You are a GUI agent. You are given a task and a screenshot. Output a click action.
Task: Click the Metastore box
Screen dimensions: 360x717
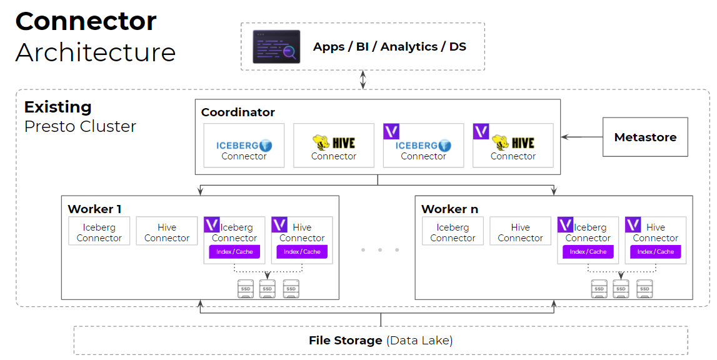(x=645, y=137)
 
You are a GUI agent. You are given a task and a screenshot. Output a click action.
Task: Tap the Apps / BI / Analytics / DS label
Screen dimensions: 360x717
(x=389, y=47)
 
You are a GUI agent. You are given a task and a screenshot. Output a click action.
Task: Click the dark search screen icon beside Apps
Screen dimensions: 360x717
(x=276, y=47)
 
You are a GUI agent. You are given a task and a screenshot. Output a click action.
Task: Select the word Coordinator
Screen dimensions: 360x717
(x=238, y=112)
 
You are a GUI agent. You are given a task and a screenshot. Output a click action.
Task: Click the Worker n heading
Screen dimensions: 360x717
(x=449, y=209)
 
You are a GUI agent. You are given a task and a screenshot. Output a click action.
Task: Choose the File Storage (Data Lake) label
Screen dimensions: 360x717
(x=381, y=341)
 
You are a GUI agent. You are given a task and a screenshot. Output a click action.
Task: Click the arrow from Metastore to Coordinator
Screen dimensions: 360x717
(x=581, y=137)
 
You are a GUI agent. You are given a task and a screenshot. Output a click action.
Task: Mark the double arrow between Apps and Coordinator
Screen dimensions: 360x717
(x=363, y=80)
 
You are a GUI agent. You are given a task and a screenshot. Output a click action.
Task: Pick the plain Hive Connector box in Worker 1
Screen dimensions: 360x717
(x=167, y=232)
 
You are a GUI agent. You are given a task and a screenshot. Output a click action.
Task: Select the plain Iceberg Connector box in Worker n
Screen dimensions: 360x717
(x=453, y=232)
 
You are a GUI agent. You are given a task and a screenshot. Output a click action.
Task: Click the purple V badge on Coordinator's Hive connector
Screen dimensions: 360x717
(x=481, y=131)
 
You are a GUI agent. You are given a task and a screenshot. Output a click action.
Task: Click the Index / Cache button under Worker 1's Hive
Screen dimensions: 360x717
(x=302, y=252)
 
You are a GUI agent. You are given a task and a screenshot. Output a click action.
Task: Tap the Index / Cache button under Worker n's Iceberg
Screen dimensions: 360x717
(x=588, y=252)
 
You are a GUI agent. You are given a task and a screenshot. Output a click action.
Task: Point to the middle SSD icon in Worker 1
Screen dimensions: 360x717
(x=268, y=288)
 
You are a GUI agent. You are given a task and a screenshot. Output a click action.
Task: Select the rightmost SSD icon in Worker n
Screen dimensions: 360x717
(x=644, y=288)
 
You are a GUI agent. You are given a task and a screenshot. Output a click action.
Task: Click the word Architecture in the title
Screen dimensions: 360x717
(x=96, y=52)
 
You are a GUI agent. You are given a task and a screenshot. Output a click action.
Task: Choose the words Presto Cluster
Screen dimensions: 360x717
(x=80, y=126)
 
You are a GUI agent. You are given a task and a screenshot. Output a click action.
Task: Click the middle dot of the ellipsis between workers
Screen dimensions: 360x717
(x=380, y=250)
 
